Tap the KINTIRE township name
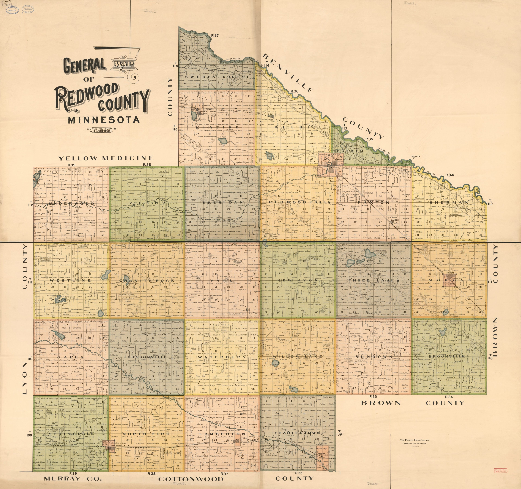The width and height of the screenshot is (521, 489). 217,127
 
